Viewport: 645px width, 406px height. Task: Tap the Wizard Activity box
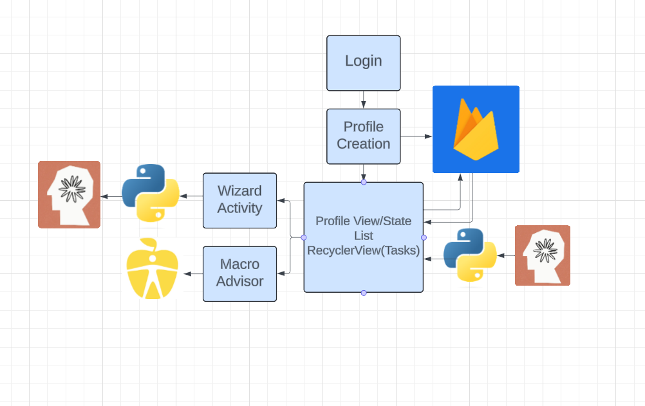[x=239, y=200]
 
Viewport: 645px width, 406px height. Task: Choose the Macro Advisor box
[x=239, y=273]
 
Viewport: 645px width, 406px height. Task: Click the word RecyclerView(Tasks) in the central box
[x=364, y=251]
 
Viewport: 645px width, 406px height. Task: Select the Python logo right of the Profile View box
[x=470, y=255]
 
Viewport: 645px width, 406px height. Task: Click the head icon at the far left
[x=70, y=194]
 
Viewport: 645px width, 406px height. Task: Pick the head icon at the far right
[x=543, y=255]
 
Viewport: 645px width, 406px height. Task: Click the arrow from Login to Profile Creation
[x=364, y=100]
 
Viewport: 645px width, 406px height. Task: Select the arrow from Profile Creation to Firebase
[x=416, y=136]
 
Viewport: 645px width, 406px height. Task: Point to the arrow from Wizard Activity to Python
[x=191, y=196]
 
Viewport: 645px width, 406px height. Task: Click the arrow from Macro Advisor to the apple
[x=193, y=274]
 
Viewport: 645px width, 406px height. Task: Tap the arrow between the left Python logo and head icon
[x=111, y=196]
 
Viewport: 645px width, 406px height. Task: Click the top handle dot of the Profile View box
[x=364, y=183]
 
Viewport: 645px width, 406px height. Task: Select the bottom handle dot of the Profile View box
[x=364, y=293]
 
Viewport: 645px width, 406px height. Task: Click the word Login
[x=363, y=61]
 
